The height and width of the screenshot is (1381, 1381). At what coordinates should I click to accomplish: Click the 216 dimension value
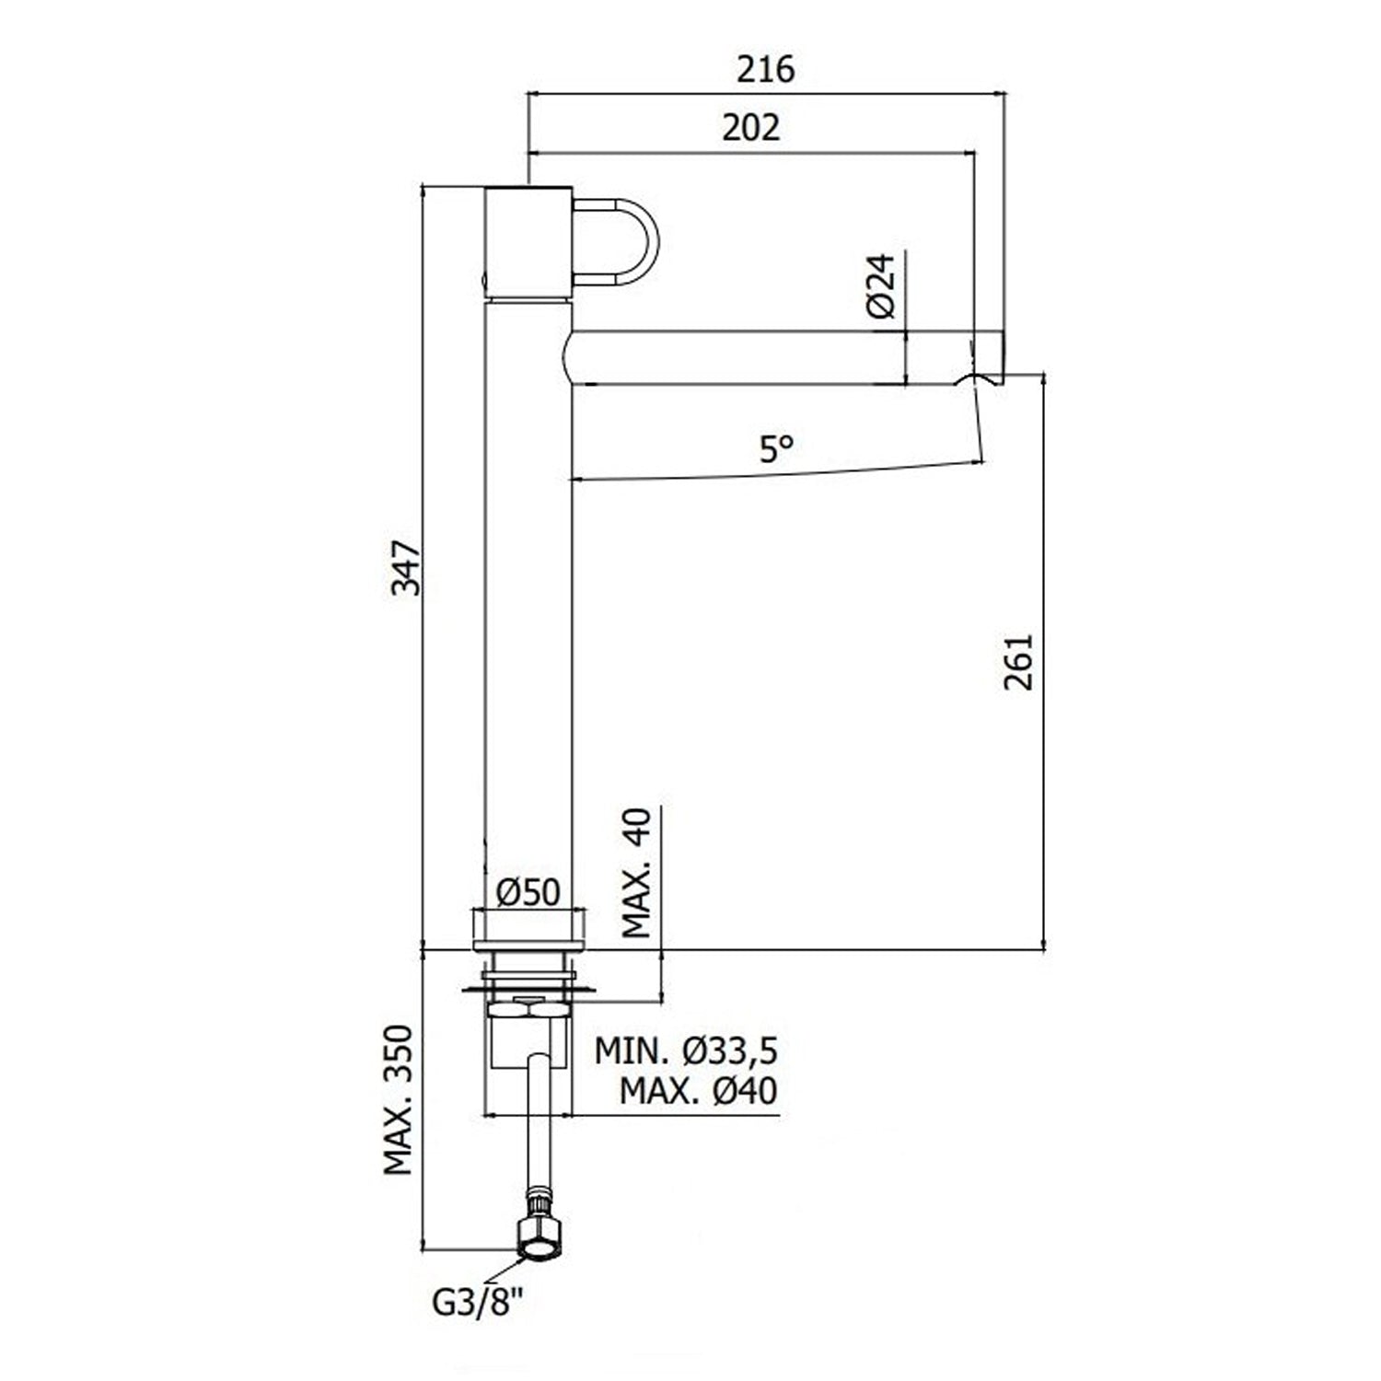(765, 70)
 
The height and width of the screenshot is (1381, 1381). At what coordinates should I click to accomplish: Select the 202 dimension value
(750, 128)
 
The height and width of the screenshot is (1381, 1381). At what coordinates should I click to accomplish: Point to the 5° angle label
(776, 449)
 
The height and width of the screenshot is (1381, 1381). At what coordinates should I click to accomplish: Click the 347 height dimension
(406, 568)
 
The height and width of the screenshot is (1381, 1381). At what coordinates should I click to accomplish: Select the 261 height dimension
(1020, 661)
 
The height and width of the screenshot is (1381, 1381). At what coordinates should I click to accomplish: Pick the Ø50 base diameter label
(528, 892)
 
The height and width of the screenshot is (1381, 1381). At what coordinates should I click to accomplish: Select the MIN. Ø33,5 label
(687, 1050)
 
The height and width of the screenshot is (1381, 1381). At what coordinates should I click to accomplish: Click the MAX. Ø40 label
(698, 1091)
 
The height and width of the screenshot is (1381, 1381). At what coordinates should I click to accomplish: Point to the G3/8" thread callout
(478, 1302)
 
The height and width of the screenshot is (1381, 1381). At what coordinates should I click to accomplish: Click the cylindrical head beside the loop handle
(528, 241)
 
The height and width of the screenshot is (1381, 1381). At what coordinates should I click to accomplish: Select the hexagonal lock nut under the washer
(528, 1010)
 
